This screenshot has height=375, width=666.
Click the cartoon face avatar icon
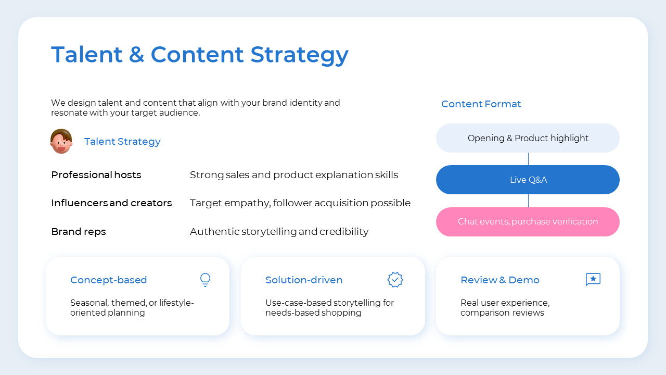(61, 141)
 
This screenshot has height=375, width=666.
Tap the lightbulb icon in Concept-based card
(206, 280)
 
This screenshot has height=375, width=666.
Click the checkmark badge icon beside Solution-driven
(395, 280)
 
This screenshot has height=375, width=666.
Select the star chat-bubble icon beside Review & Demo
(593, 280)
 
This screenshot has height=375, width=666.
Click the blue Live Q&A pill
(528, 180)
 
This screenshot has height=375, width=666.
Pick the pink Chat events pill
(528, 222)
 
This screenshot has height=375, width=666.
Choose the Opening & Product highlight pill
(528, 138)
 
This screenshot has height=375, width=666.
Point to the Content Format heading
(481, 104)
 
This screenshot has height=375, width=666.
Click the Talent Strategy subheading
(122, 142)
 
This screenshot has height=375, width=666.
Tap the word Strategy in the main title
(299, 55)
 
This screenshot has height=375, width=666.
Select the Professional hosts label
(96, 175)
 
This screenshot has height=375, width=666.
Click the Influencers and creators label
(111, 203)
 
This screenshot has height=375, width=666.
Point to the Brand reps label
(79, 232)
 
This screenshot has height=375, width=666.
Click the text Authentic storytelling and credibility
(279, 232)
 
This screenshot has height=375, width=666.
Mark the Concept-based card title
(109, 280)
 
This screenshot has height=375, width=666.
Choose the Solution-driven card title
(304, 280)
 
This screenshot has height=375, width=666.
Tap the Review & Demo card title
(500, 280)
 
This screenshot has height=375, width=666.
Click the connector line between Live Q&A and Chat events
(528, 201)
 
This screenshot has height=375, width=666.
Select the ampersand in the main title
(136, 55)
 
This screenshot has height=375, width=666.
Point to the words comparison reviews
(502, 313)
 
